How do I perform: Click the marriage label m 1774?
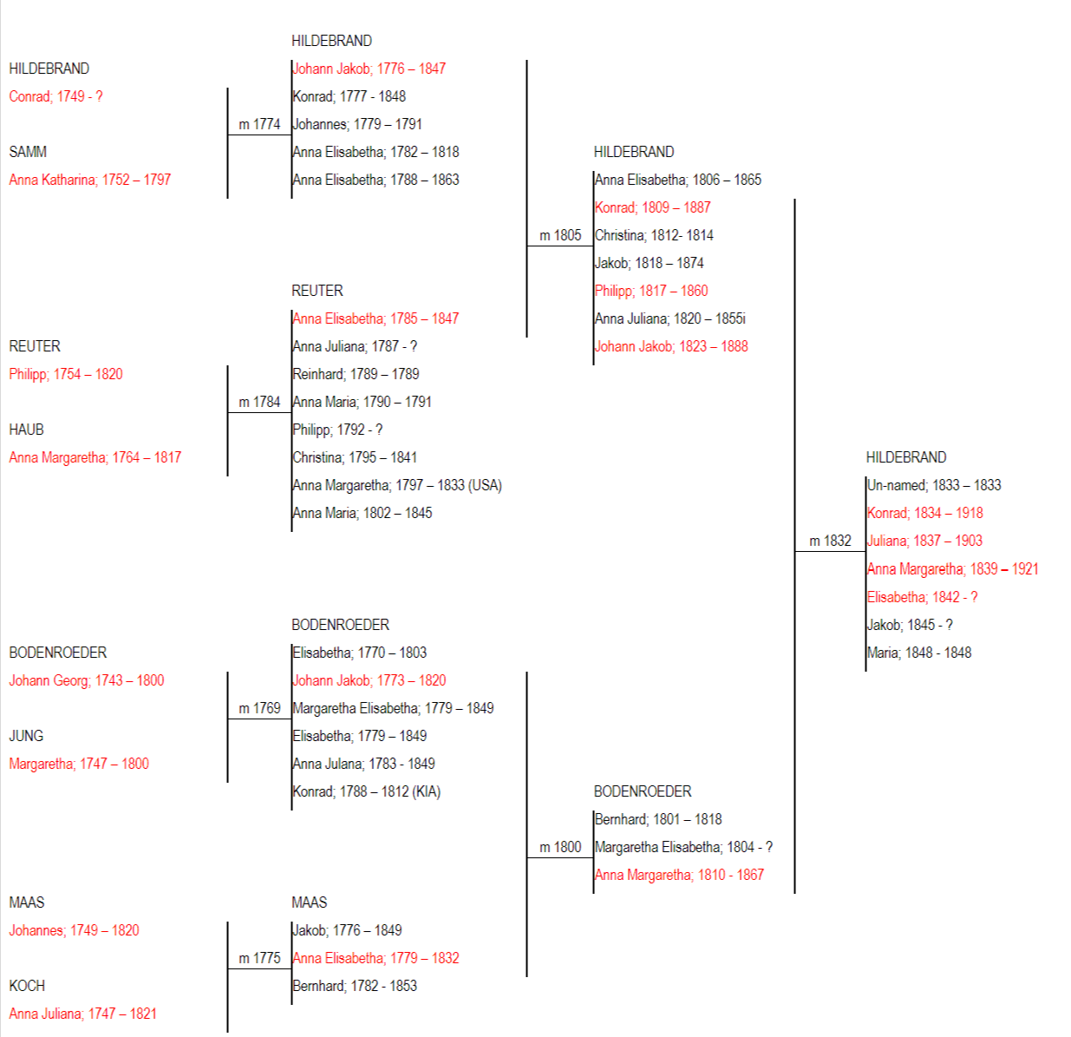click(259, 124)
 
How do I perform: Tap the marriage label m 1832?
click(830, 541)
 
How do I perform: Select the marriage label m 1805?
click(560, 236)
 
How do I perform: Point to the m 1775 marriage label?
click(259, 958)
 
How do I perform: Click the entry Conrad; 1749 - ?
click(56, 97)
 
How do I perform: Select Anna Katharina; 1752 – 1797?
click(89, 180)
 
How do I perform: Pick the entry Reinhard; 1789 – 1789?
click(356, 375)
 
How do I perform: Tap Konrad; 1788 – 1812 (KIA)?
click(367, 792)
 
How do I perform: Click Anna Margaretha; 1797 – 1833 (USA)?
click(397, 486)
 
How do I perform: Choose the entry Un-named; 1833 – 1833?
click(934, 486)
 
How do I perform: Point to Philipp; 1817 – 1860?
click(651, 292)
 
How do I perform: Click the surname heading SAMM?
click(28, 152)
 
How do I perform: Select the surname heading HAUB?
click(26, 430)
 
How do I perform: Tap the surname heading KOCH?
click(27, 986)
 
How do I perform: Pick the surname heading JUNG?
click(26, 736)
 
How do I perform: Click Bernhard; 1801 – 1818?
click(658, 819)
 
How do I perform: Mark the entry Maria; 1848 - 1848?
click(919, 653)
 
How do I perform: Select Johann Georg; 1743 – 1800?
click(87, 680)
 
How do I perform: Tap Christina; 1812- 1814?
click(654, 236)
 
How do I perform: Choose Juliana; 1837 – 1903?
click(924, 541)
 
